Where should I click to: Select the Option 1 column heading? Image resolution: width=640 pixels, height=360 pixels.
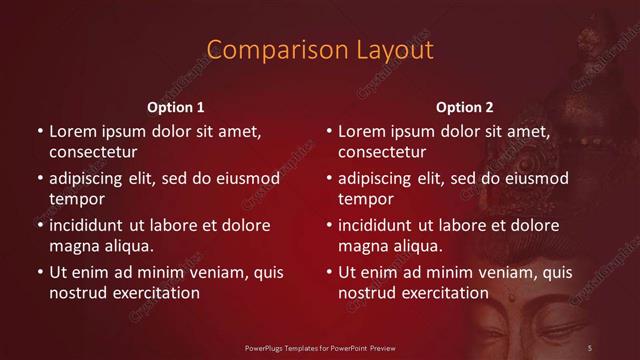pyautogui.click(x=176, y=107)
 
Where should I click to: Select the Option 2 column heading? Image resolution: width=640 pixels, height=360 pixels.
pyautogui.click(x=465, y=107)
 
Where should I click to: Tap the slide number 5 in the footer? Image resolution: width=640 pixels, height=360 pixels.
pyautogui.click(x=590, y=347)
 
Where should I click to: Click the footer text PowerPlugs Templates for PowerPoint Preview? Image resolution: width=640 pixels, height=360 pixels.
pyautogui.click(x=319, y=347)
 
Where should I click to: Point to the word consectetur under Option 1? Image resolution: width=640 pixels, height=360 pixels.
pyautogui.click(x=93, y=152)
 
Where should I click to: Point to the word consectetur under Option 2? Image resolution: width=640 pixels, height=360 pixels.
pyautogui.click(x=383, y=152)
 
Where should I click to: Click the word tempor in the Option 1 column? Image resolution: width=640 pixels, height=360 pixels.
pyautogui.click(x=75, y=199)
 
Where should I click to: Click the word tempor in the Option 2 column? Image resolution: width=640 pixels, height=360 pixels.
pyautogui.click(x=365, y=199)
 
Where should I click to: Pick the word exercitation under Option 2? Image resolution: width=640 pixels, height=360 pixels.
pyautogui.click(x=445, y=293)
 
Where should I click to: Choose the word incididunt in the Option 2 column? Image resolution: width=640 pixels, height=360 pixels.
pyautogui.click(x=381, y=226)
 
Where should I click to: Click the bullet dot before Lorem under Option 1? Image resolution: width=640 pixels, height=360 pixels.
pyautogui.click(x=39, y=132)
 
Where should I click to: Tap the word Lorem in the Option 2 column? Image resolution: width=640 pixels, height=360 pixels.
pyautogui.click(x=362, y=132)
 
